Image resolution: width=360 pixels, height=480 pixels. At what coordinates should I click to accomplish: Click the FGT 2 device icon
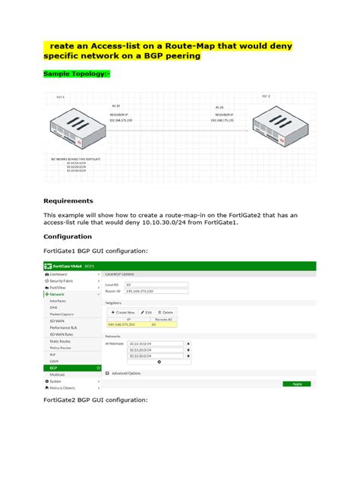[285, 126]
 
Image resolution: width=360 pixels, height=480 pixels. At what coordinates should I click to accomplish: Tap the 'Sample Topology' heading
[77, 74]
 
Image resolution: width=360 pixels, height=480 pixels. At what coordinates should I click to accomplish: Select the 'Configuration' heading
[74, 236]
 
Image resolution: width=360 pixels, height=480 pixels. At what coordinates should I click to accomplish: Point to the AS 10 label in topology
[116, 106]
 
